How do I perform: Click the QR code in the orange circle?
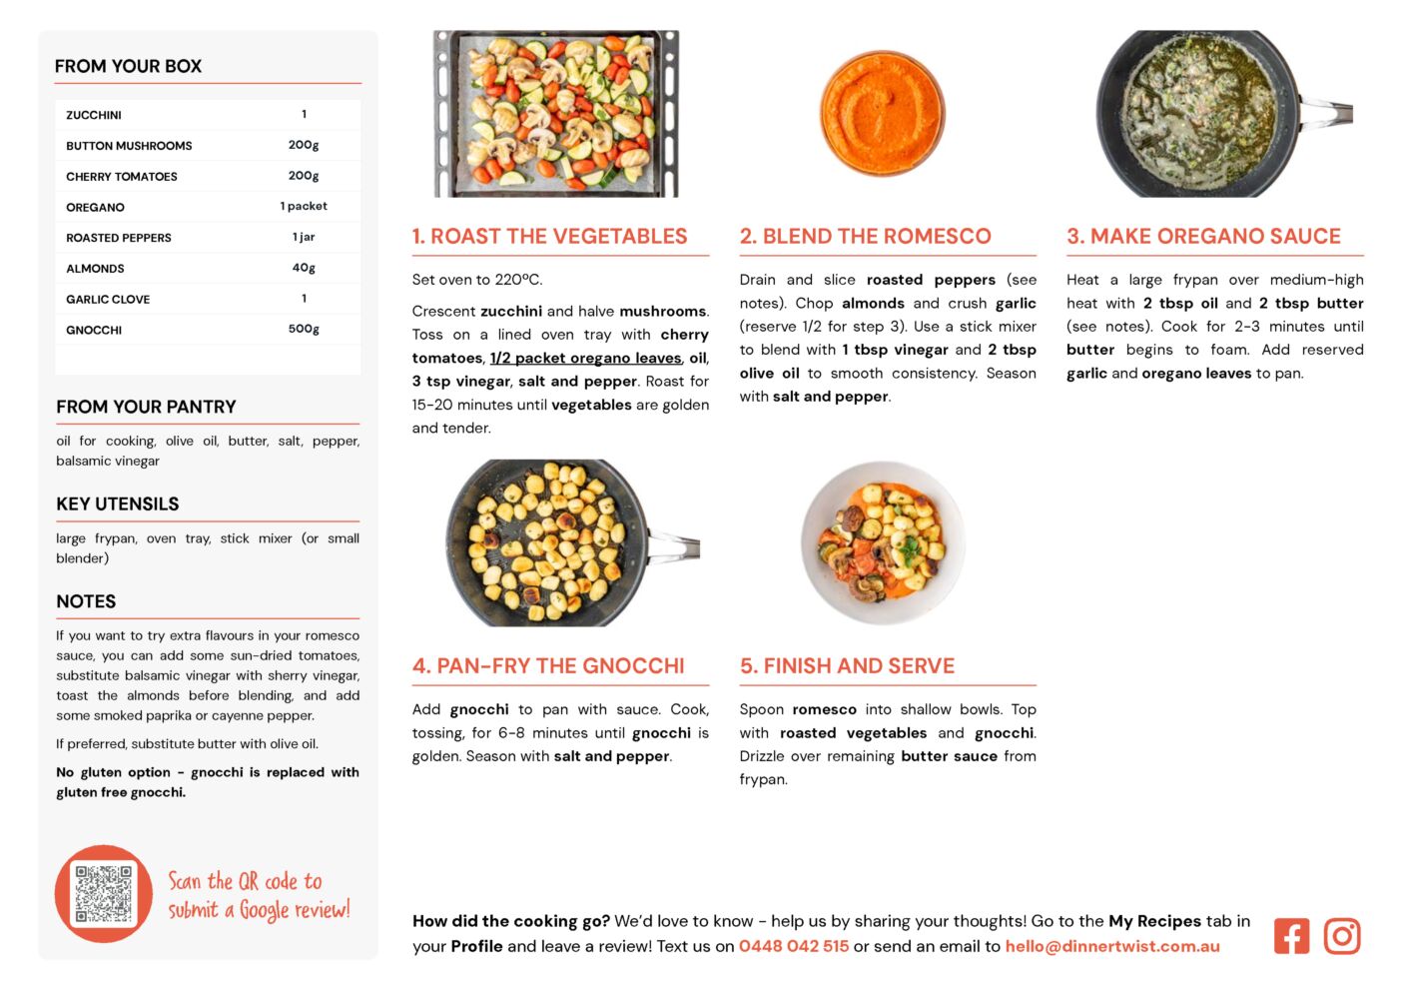[104, 893]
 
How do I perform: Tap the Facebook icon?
[1291, 936]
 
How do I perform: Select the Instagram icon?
[1342, 936]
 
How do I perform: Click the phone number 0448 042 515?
[794, 946]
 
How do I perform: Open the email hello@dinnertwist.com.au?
[1112, 946]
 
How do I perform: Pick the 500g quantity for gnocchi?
[304, 329]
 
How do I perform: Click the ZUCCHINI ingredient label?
[94, 115]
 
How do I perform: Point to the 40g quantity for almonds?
[304, 268]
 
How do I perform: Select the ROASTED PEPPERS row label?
[119, 238]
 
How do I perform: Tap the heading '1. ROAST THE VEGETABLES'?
[549, 237]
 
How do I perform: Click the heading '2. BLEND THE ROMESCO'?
[865, 237]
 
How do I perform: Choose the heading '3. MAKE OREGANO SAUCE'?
[1203, 237]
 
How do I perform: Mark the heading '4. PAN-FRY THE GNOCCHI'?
[548, 666]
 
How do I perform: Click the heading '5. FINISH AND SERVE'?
[847, 666]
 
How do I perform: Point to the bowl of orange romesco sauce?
[882, 113]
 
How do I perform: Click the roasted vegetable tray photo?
[556, 113]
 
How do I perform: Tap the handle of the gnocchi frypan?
[676, 545]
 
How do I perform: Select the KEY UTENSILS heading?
[118, 504]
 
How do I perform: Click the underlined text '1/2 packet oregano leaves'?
[585, 358]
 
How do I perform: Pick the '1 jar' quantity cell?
[304, 237]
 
